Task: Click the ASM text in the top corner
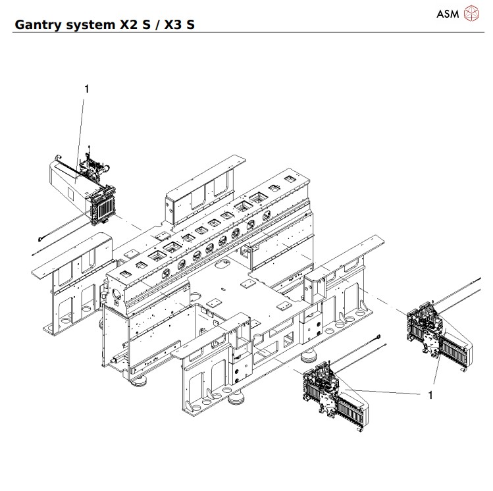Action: pos(447,13)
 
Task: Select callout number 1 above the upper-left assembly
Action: pos(86,88)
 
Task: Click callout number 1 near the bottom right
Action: pos(430,395)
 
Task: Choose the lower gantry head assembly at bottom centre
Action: pos(332,395)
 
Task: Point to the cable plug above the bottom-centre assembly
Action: pos(380,336)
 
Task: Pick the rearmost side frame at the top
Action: pos(204,184)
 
